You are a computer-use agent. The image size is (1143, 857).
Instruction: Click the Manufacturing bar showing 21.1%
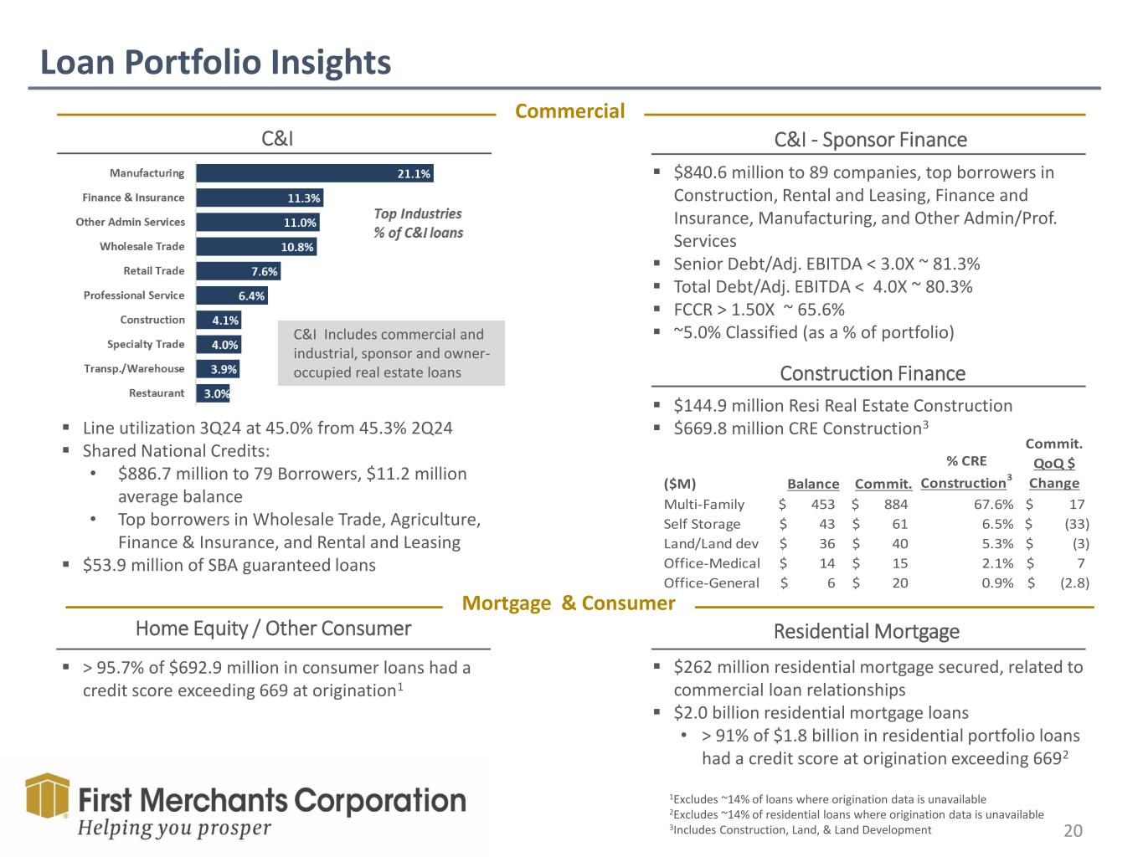pos(314,173)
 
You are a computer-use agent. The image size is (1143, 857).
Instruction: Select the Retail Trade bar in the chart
pos(238,271)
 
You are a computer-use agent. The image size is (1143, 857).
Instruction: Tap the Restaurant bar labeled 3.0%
pos(213,393)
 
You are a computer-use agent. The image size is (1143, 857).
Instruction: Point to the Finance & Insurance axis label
pos(133,198)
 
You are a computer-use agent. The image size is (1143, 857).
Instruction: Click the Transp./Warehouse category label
pos(134,369)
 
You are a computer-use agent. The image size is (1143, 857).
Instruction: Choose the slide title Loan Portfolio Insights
pos(216,63)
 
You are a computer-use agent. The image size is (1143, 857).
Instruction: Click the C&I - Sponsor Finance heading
pos(871,140)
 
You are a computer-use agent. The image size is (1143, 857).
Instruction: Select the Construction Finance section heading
pos(873,373)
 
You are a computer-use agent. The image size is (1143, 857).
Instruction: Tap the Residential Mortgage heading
pos(867,631)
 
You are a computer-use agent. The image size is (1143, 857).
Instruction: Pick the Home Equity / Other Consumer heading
pos(274,629)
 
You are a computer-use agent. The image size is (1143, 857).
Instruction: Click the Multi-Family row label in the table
pos(703,504)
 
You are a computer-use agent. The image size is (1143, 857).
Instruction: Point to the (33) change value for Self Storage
pos(1076,524)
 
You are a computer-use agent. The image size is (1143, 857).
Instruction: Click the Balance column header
pos(812,484)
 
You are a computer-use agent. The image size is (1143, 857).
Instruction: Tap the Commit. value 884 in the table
pos(895,504)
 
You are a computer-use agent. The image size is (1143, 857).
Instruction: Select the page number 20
pos(1073,830)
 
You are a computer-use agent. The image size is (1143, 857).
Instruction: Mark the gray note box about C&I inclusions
pos(391,353)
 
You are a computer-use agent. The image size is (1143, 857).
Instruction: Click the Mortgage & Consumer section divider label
pos(569,603)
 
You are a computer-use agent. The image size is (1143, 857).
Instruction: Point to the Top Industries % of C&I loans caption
pos(418,223)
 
